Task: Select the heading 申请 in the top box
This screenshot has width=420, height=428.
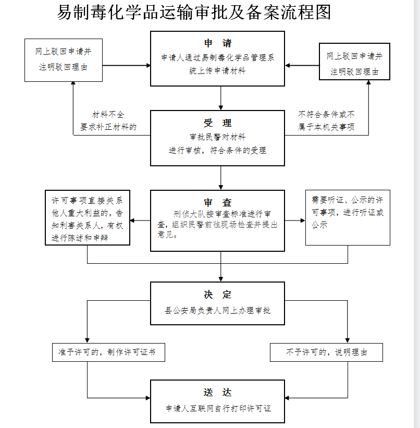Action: (218, 43)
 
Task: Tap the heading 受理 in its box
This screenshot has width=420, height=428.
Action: (218, 123)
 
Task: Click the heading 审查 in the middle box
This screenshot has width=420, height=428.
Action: (218, 203)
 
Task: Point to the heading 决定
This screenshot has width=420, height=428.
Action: (218, 295)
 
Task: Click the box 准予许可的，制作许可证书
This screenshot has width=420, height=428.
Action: (108, 352)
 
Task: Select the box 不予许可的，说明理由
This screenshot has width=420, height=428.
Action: (327, 352)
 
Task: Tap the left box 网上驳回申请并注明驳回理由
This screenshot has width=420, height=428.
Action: (63, 59)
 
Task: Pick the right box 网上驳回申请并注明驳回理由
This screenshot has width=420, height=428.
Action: (354, 63)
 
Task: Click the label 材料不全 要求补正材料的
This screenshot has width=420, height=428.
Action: (108, 120)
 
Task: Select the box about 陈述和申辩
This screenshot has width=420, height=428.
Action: (87, 218)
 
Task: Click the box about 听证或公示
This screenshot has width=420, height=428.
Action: (348, 218)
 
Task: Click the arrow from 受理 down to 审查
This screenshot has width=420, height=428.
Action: (221, 178)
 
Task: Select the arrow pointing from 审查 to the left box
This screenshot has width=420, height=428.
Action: (140, 221)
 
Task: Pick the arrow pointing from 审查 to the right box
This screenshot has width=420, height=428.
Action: (295, 221)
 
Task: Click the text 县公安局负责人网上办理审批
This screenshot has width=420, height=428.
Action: (218, 311)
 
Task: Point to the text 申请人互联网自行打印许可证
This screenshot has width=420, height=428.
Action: (218, 409)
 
